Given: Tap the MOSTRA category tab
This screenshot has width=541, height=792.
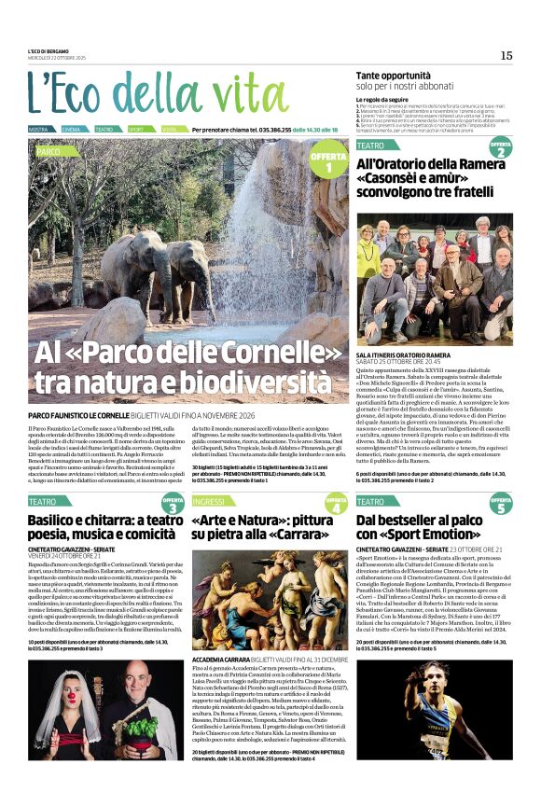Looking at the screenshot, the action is coord(38,129).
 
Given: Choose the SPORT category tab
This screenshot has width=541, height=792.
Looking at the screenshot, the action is coord(136,129).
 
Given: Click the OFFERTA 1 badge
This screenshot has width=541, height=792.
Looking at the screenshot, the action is coord(328,162).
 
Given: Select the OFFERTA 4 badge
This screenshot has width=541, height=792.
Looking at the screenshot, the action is coord(336,505).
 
